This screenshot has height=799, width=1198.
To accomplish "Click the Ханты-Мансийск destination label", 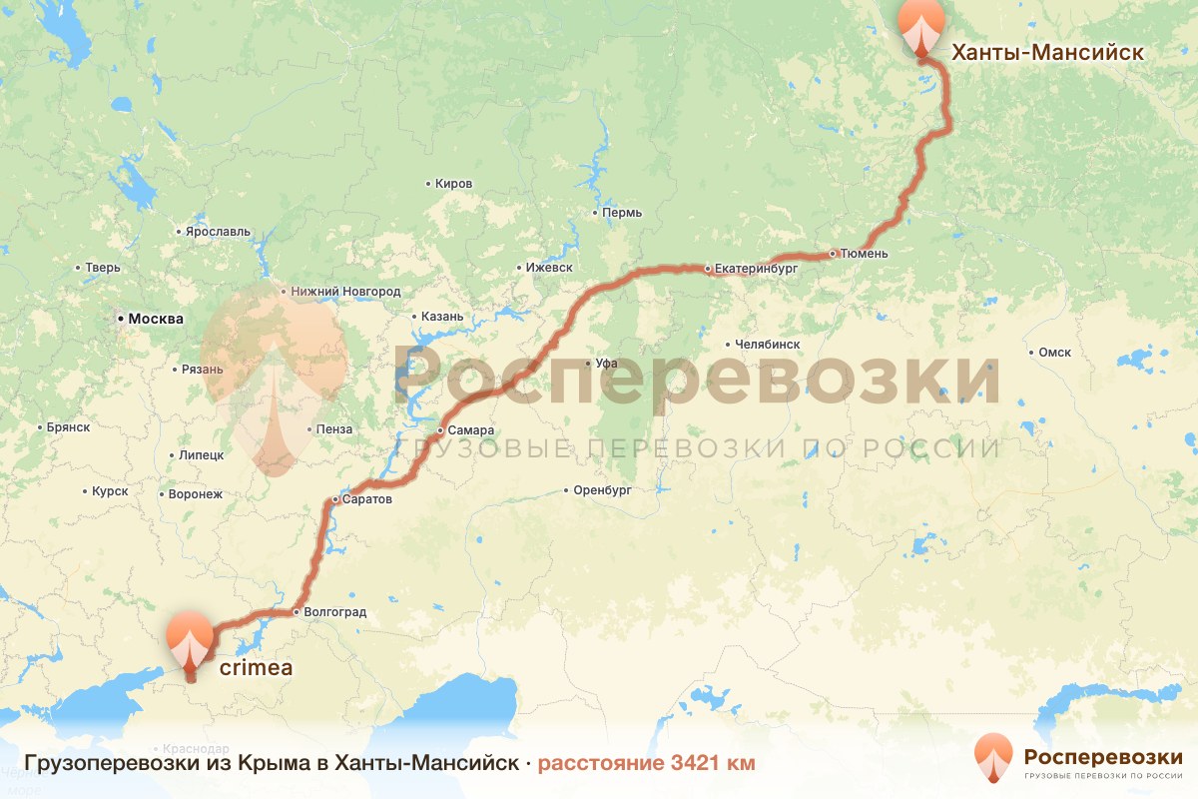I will (x=1046, y=52).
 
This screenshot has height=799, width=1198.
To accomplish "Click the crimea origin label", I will (x=249, y=668).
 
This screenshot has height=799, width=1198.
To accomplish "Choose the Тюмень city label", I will (x=865, y=254).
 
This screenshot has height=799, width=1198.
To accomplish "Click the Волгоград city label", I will (x=336, y=611).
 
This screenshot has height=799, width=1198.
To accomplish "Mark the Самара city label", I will (x=471, y=430).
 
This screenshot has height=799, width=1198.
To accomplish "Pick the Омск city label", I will (x=1054, y=352).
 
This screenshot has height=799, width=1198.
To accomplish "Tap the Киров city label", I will (x=453, y=184).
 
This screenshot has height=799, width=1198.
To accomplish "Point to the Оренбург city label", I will (x=603, y=490).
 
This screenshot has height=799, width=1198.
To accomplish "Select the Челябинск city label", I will (x=767, y=344).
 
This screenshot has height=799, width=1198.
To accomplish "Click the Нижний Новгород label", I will (x=344, y=292).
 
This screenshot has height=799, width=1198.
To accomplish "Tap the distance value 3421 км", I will (x=699, y=763).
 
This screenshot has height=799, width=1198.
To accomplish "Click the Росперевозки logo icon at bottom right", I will (x=992, y=758).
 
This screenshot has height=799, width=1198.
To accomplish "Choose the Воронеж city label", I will (x=196, y=493).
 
